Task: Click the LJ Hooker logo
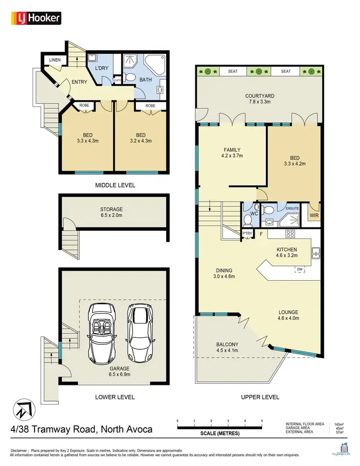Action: coord(36,18)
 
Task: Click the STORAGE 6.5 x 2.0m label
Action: coord(111,213)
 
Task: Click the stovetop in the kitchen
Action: coord(290,234)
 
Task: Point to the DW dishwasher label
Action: coord(300,270)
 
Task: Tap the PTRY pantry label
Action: coord(247,234)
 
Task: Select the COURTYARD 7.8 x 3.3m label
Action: coord(258,99)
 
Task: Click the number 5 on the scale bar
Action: coord(262,421)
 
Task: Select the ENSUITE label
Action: coord(292,209)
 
